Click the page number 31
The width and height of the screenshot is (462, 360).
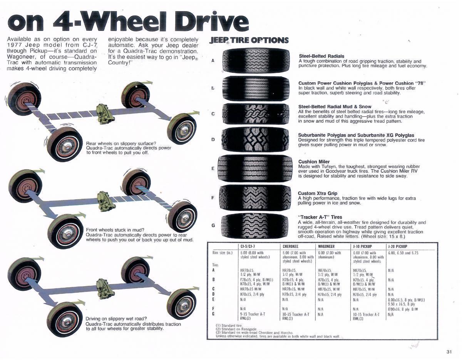(x=449, y=352)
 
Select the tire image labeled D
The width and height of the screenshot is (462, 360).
(x=256, y=140)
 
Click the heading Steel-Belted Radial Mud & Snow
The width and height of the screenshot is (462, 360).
(x=335, y=107)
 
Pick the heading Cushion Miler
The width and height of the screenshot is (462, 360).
(x=314, y=162)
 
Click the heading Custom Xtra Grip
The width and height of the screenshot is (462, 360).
(x=317, y=193)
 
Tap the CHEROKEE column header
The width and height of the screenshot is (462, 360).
(x=291, y=246)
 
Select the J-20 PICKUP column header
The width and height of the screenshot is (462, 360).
(x=398, y=246)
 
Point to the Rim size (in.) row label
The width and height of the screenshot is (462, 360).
(x=223, y=253)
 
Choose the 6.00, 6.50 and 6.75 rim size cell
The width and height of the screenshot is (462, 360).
(x=403, y=253)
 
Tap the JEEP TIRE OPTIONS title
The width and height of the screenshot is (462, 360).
(x=249, y=40)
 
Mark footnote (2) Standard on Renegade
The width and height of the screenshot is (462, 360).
(x=236, y=329)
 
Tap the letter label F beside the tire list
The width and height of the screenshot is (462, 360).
(x=213, y=198)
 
